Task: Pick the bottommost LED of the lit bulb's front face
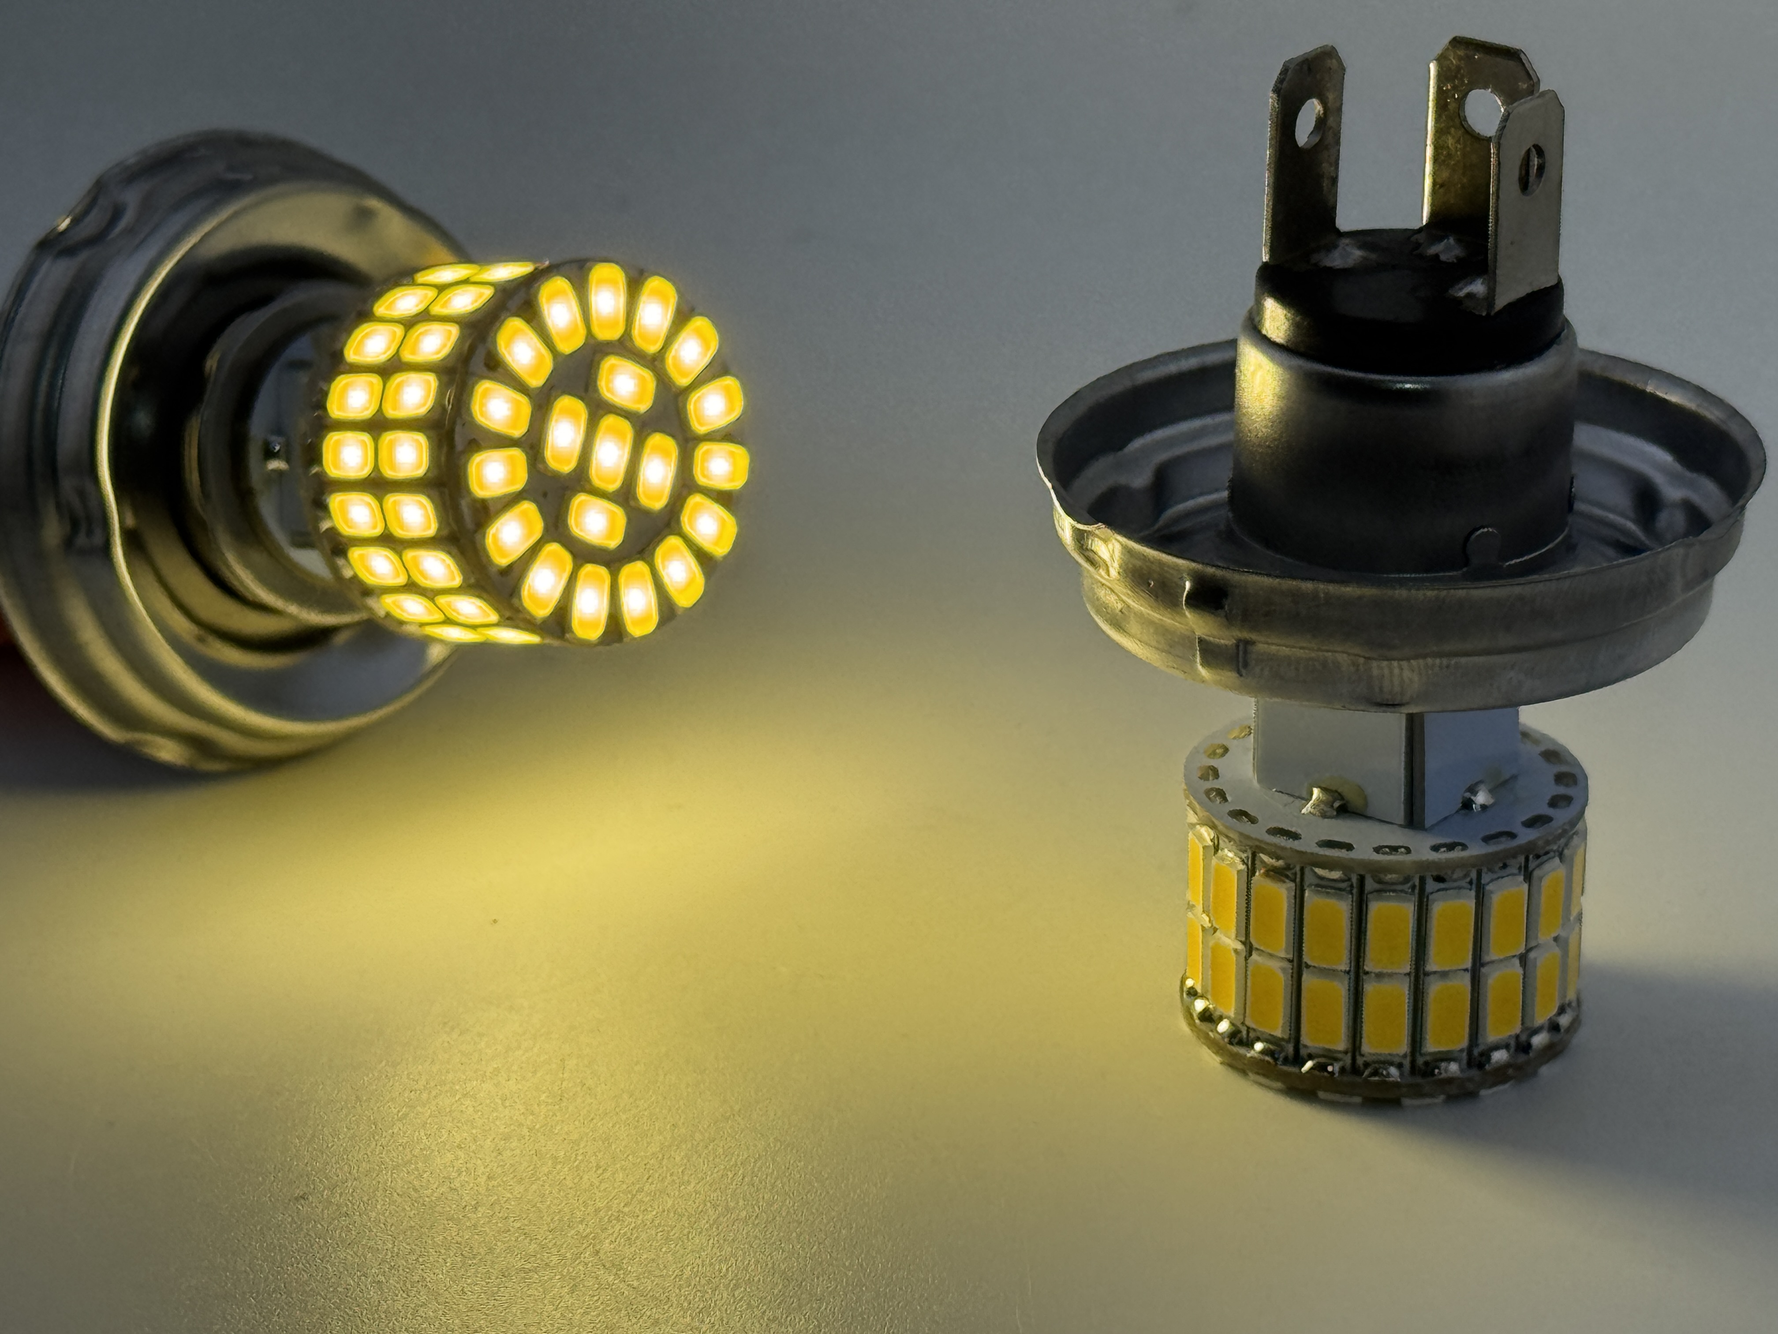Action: (x=591, y=601)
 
